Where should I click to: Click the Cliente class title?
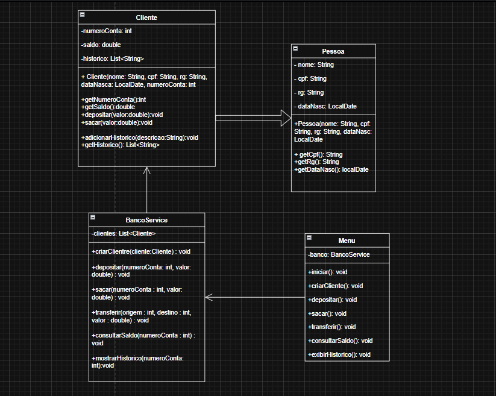click(146, 17)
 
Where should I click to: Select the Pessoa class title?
click(333, 52)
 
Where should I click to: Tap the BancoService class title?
click(146, 220)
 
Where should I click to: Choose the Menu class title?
click(347, 240)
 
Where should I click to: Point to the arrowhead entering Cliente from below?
click(146, 171)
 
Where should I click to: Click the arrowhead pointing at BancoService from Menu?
click(209, 297)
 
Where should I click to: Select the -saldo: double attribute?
click(101, 45)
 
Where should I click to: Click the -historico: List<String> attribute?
click(112, 58)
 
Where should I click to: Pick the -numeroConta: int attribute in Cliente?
click(106, 31)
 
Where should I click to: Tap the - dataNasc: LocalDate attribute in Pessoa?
click(325, 106)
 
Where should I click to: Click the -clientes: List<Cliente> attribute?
click(124, 233)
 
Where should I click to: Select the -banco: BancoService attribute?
click(339, 254)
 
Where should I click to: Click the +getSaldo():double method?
click(108, 107)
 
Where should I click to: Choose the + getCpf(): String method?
click(318, 155)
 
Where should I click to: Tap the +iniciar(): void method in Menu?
click(328, 272)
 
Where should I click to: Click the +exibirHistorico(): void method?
click(339, 354)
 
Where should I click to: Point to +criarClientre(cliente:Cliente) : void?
click(141, 251)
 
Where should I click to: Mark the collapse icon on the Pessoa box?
click(295, 48)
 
